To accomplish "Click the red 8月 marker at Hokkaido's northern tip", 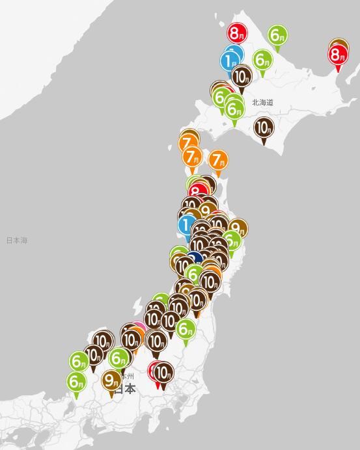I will pos(237,32).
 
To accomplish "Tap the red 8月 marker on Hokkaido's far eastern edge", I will pos(337,55).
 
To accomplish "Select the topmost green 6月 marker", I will pos(277,35).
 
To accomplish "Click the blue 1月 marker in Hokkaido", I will pos(231,60).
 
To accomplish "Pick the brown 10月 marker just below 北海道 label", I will pos(263,127).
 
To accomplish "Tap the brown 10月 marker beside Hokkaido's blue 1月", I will pos(242,76).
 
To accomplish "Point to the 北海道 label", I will pos(262,103).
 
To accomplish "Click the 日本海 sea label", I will pos(17,241).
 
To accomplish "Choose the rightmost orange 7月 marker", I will pos(218,160).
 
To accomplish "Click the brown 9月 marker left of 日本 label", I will pos(112,380).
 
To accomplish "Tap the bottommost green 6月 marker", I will pos(76,381).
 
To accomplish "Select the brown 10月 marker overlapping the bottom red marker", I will pos(163,373).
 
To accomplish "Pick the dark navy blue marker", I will pos(196,258).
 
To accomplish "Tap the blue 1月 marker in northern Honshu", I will pos(186,225).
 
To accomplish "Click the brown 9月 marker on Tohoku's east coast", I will pos(238,228).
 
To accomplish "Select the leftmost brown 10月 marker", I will pos(93,355).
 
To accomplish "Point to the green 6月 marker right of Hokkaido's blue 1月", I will pos(262,60).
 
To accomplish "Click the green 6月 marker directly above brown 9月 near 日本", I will pos(119,358).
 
